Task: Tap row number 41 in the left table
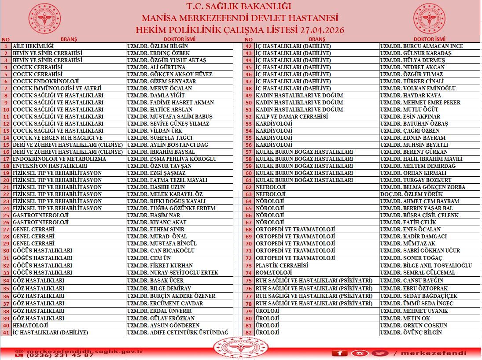pos(6,333)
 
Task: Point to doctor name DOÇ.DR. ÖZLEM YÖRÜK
pos(411,194)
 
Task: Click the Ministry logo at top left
pos(45,18)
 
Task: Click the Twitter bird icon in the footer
pos(380,353)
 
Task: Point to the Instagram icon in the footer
pos(361,353)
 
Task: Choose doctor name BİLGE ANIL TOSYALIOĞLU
pos(426,266)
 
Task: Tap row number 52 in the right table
pos(249,116)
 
